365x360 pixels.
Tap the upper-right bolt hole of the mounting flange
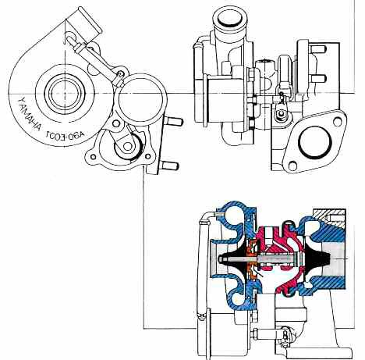(338, 120)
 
